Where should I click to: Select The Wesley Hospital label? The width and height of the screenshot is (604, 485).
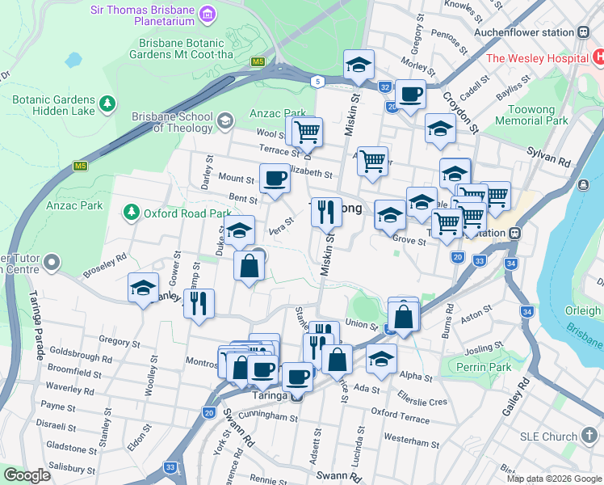(536, 58)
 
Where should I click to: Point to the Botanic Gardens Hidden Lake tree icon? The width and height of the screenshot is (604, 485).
(107, 104)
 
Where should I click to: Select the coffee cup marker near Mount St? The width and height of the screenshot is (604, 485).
(275, 178)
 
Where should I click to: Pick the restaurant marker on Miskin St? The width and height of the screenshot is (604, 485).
(326, 212)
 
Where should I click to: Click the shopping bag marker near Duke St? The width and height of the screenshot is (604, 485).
(250, 264)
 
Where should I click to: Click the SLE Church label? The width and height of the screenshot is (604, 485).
(548, 436)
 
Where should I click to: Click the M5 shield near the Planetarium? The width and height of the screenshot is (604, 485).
(258, 61)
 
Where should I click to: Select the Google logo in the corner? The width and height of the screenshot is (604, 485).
(27, 475)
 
